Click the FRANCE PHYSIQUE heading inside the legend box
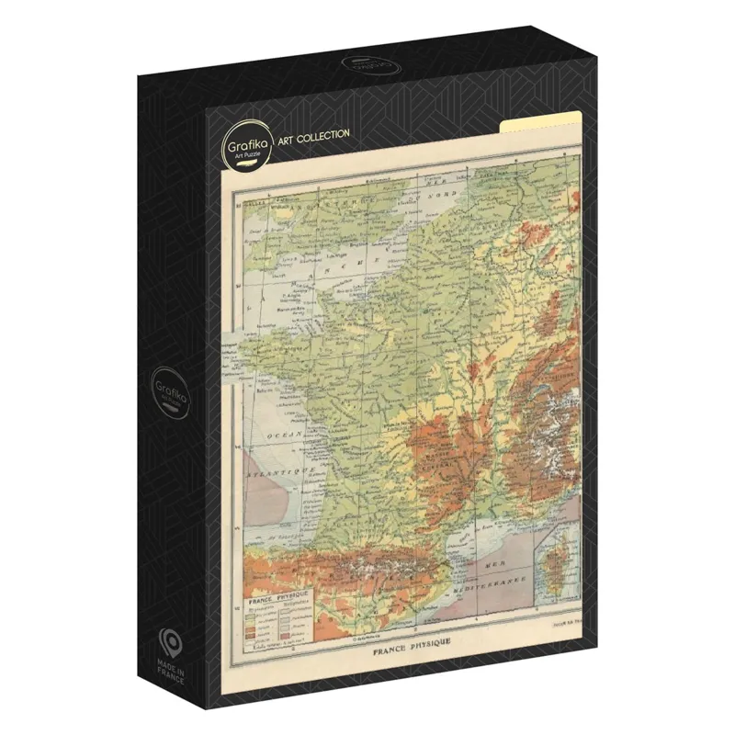tap(274, 596)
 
